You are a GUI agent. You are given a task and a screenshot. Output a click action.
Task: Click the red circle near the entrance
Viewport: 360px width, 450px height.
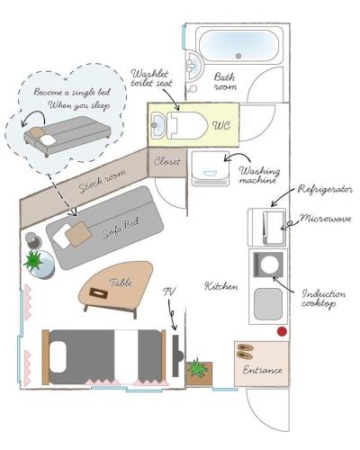(282, 331)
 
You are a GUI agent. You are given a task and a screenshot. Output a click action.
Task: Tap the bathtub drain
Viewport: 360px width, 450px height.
(238, 56)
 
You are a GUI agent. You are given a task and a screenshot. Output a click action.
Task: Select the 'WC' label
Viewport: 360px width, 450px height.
(221, 125)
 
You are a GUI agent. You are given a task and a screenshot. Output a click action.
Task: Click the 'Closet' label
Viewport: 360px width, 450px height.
(167, 162)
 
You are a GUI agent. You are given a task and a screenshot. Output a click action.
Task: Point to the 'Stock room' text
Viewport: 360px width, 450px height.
(103, 181)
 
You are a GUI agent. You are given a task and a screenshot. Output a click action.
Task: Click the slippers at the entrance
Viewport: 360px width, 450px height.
(246, 351)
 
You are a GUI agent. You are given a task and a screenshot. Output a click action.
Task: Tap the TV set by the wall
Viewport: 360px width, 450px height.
(177, 356)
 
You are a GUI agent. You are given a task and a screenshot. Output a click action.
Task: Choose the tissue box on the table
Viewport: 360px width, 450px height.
(98, 292)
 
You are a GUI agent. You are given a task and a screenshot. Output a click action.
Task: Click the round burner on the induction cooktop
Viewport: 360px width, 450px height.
(269, 265)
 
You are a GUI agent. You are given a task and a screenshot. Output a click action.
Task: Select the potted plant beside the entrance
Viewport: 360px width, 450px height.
(197, 368)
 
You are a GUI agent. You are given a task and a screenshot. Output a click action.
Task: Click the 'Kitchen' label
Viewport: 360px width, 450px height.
(221, 286)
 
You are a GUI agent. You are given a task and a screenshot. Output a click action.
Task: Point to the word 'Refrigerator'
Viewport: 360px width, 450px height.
(325, 189)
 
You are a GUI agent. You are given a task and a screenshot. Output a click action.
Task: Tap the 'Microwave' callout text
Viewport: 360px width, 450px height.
(326, 218)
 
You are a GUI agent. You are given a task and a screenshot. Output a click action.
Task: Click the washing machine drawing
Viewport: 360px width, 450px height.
(211, 168)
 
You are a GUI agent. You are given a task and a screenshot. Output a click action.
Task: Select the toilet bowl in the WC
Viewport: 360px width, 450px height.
(187, 125)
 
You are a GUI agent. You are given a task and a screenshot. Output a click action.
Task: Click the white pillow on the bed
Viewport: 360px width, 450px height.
(58, 355)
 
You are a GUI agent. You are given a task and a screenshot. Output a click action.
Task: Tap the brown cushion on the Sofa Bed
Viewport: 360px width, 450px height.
(78, 234)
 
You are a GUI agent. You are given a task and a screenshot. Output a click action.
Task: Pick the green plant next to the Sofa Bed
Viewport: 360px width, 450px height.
(33, 260)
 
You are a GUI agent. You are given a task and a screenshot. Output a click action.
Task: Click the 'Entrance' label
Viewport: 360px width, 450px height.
(263, 370)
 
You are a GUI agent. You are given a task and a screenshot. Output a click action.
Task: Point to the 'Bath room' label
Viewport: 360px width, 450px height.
(225, 82)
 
